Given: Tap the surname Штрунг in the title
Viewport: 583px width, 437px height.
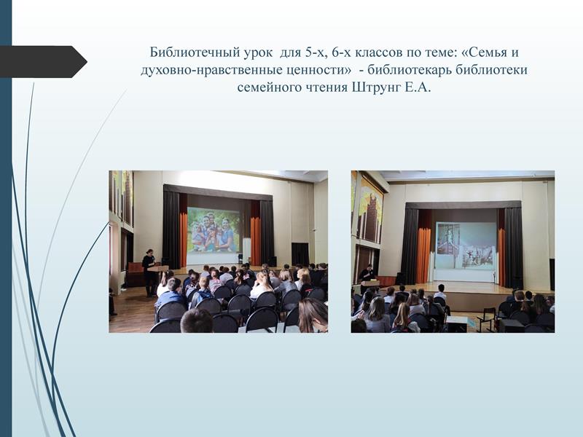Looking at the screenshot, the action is click(x=376, y=87).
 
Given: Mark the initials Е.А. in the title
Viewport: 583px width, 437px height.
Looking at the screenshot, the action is click(x=418, y=87).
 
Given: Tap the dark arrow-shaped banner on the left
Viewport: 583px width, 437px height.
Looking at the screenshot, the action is click(x=43, y=62).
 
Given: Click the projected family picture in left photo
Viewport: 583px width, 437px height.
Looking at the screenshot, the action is click(x=214, y=230).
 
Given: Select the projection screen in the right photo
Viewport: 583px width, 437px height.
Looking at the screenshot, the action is click(x=466, y=245).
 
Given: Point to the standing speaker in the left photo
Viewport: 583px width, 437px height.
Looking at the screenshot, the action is click(x=150, y=272).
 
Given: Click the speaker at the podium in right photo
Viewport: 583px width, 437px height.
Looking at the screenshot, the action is click(x=367, y=276).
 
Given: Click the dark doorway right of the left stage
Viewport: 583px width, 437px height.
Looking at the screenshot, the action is click(x=300, y=254).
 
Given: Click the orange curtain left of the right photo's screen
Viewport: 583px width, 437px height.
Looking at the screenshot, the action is click(x=423, y=255).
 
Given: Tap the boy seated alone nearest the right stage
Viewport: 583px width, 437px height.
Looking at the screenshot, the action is click(x=441, y=293).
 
